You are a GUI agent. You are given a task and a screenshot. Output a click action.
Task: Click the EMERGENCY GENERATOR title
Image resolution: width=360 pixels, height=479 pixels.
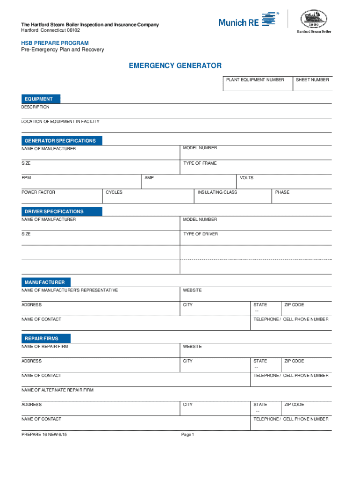[x=175, y=66]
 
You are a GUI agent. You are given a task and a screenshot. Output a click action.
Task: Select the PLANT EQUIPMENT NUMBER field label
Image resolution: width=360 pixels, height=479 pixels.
[x=255, y=80]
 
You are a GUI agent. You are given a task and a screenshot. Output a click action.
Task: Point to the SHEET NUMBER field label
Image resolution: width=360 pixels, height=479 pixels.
[x=312, y=80]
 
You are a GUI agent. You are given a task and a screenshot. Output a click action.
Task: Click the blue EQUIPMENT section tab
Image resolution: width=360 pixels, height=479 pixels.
[x=41, y=99]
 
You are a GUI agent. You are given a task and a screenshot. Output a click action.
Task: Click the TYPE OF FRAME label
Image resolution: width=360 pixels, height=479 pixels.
[x=200, y=163]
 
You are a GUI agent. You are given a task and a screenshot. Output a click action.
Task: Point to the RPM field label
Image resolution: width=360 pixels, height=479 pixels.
[x=26, y=178]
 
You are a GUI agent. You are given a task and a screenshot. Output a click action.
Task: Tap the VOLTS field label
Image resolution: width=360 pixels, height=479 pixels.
[x=246, y=178]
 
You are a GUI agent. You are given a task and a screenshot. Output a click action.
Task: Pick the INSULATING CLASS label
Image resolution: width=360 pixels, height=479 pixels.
[x=217, y=192]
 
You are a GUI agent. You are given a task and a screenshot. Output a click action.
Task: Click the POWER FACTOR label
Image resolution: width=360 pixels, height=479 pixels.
[x=38, y=192]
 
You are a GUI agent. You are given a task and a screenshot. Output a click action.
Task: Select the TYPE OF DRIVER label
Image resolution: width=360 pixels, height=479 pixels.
[x=201, y=234]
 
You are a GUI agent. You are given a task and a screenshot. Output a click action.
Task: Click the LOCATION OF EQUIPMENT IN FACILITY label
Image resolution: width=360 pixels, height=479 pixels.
[x=60, y=122]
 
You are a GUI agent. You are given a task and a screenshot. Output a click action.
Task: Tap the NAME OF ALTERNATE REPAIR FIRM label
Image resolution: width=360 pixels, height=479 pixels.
[x=58, y=390]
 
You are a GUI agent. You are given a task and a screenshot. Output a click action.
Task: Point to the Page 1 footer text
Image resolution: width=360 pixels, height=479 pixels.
[x=187, y=435]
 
